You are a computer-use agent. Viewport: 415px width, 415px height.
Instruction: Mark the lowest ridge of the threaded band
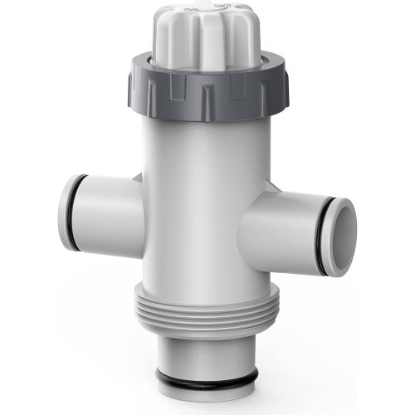click(207, 327)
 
